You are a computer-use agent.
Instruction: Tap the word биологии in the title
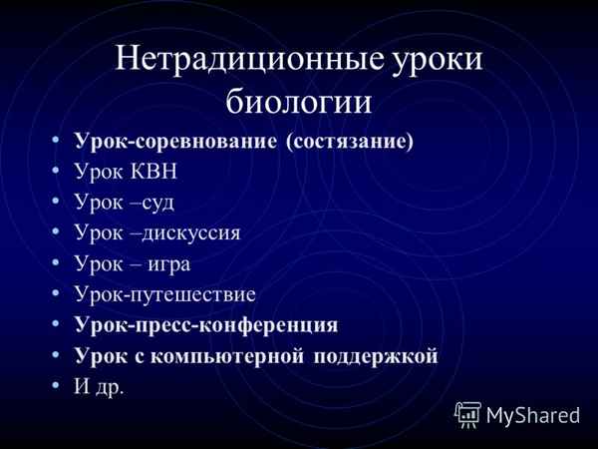pos(298,100)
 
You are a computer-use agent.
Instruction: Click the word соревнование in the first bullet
pos(199,141)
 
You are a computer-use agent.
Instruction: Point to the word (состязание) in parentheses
pos(349,142)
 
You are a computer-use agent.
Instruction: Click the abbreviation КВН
pos(147,171)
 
